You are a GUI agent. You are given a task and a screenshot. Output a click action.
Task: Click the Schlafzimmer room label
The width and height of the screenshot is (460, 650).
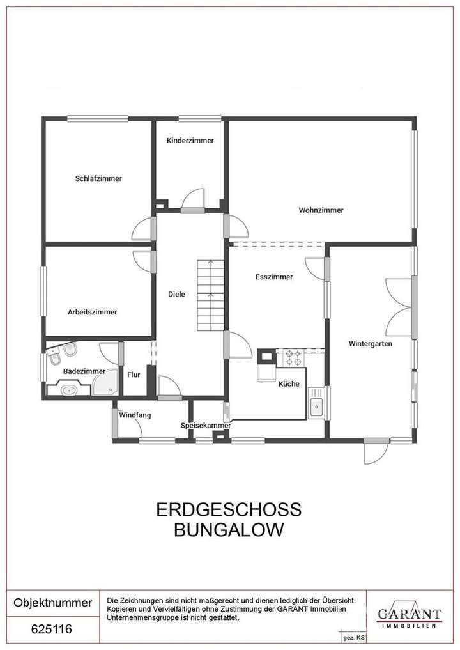(x=98, y=178)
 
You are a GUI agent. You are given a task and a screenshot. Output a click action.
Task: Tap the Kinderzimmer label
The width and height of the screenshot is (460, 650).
(x=190, y=141)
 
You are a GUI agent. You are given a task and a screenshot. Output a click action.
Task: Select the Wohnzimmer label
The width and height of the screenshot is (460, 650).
(x=321, y=210)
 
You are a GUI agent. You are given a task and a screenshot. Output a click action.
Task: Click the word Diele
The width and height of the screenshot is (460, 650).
(x=176, y=294)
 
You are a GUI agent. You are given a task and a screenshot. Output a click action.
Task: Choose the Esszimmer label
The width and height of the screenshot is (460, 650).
(x=273, y=277)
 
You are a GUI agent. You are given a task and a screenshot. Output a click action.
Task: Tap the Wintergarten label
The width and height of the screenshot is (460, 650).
(x=370, y=343)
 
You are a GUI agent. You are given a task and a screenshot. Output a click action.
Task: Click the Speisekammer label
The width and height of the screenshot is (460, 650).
(x=205, y=425)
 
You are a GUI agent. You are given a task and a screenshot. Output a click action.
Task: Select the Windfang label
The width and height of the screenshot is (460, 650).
(x=135, y=415)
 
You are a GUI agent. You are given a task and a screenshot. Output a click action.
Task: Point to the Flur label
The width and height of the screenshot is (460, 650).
(x=134, y=375)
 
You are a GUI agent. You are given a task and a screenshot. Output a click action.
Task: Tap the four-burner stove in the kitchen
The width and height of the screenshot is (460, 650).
(x=293, y=357)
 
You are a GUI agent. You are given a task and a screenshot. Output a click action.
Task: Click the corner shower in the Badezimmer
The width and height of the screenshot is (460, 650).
(x=106, y=382)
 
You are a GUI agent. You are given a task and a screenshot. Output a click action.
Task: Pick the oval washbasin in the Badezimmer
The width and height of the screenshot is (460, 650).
(x=68, y=389)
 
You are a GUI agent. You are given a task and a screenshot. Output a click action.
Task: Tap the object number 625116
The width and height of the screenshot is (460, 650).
(x=52, y=630)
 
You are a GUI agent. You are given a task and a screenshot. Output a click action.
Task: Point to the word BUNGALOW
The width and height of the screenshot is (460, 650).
(x=229, y=530)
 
